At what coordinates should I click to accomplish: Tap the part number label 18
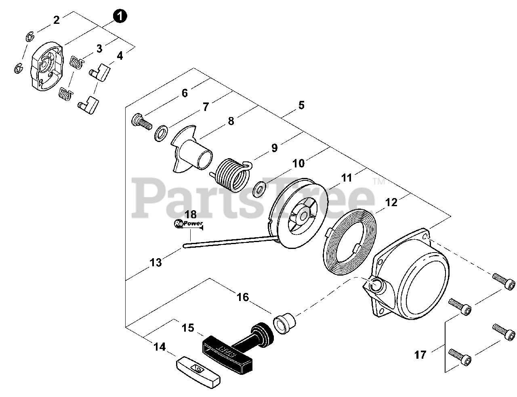pyautogui.click(x=191, y=214)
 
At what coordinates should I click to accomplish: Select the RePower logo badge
pyautogui.click(x=188, y=223)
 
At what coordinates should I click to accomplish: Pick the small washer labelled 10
pyautogui.click(x=258, y=189)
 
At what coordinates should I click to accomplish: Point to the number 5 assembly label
pyautogui.click(x=301, y=106)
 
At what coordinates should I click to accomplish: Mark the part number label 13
pyautogui.click(x=156, y=263)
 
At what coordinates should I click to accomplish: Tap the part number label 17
pyautogui.click(x=420, y=355)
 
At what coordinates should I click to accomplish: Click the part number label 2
pyautogui.click(x=56, y=20)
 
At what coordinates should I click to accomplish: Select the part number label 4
pyautogui.click(x=120, y=56)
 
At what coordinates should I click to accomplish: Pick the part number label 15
pyautogui.click(x=188, y=328)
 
